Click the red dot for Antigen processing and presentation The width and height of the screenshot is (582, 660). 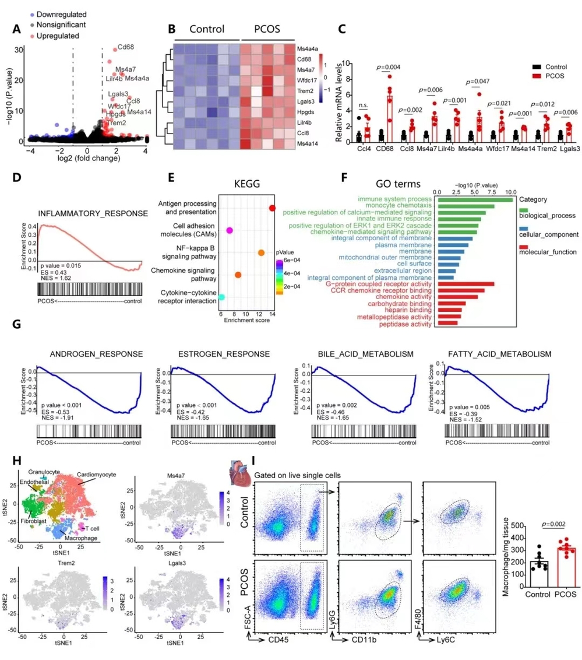tap(272, 208)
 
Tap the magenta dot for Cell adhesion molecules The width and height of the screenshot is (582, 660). tap(230, 231)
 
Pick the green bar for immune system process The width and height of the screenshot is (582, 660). tap(474, 200)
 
